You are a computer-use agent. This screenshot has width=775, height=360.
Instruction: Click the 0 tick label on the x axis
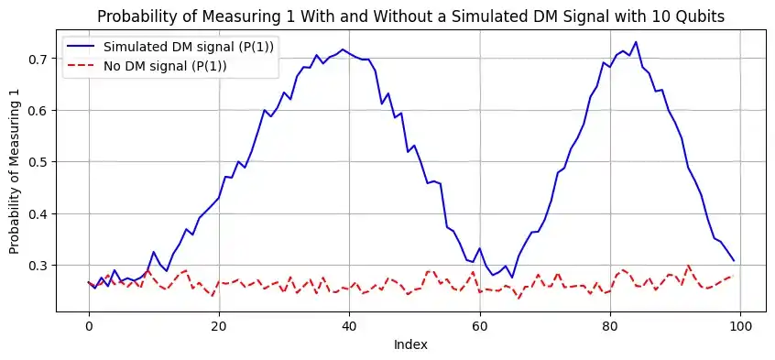[88, 325]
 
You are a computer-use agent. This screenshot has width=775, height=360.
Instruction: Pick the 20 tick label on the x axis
[219, 325]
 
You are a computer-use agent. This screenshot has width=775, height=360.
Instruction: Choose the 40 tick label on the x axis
[349, 325]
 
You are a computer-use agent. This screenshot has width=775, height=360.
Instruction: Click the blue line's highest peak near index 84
[636, 42]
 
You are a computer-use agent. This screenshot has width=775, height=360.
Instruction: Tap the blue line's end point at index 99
[734, 260]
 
